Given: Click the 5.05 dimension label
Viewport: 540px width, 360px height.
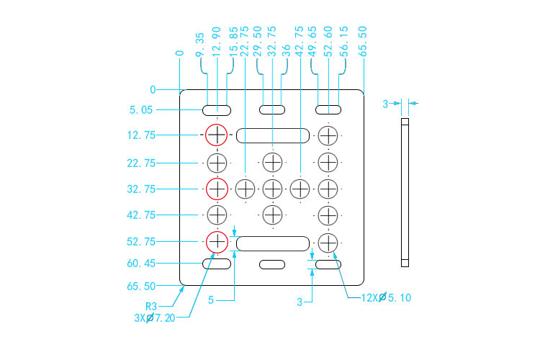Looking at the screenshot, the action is click(141, 110).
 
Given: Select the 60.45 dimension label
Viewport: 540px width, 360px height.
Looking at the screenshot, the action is click(141, 264).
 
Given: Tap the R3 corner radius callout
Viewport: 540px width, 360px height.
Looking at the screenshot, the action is click(151, 306).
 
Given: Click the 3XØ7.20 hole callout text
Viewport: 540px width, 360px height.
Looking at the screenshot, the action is click(155, 318).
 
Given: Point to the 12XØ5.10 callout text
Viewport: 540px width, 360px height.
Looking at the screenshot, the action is click(386, 297).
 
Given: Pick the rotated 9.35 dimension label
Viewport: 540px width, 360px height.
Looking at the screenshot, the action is click(199, 45).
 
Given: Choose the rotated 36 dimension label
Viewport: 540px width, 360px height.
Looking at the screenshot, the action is click(286, 50).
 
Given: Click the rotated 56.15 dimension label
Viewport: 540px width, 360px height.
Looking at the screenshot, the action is click(343, 42).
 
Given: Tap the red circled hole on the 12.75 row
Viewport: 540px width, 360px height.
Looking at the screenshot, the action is click(217, 135).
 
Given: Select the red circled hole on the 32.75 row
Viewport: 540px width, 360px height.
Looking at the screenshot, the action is click(217, 189).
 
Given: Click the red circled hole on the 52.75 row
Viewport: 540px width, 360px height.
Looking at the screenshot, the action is click(217, 242).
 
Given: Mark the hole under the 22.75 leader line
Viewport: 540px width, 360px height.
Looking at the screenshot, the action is click(246, 189).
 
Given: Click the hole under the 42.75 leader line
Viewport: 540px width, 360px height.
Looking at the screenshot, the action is click(300, 189).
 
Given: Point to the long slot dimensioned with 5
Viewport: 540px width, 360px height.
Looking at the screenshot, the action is click(273, 243).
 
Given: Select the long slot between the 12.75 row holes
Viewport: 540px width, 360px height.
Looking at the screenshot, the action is click(273, 135).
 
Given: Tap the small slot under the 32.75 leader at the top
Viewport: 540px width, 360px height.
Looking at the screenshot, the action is click(272, 110).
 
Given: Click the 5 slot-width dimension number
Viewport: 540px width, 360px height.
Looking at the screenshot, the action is click(211, 300).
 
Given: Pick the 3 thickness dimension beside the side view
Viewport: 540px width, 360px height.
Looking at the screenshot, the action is click(385, 104).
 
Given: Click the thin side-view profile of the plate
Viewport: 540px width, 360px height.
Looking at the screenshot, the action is click(405, 192).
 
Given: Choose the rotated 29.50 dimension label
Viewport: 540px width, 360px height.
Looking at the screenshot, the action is click(257, 42).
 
